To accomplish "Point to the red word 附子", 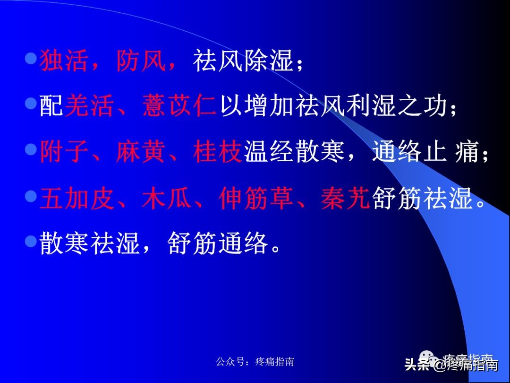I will (x=64, y=152).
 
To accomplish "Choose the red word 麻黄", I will (x=141, y=152).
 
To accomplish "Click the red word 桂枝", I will (x=217, y=152).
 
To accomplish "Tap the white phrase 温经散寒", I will (x=295, y=152).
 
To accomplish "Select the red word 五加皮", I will (x=77, y=199).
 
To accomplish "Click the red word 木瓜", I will (x=166, y=199).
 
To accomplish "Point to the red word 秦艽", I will (x=345, y=199).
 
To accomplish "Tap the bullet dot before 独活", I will (x=31, y=59).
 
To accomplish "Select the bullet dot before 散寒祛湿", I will (x=31, y=241).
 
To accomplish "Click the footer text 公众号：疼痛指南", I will (x=255, y=362).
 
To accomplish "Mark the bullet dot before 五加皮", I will (x=31, y=196).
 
